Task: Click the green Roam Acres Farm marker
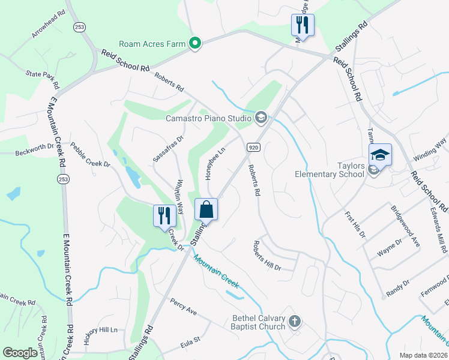(194, 43)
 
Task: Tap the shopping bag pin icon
(206, 210)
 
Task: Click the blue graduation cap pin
(379, 155)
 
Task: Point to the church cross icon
(294, 321)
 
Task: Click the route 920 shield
(253, 147)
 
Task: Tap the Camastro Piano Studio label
(209, 117)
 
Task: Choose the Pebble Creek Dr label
(91, 155)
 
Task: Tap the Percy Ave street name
(184, 306)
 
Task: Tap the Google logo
(20, 353)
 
